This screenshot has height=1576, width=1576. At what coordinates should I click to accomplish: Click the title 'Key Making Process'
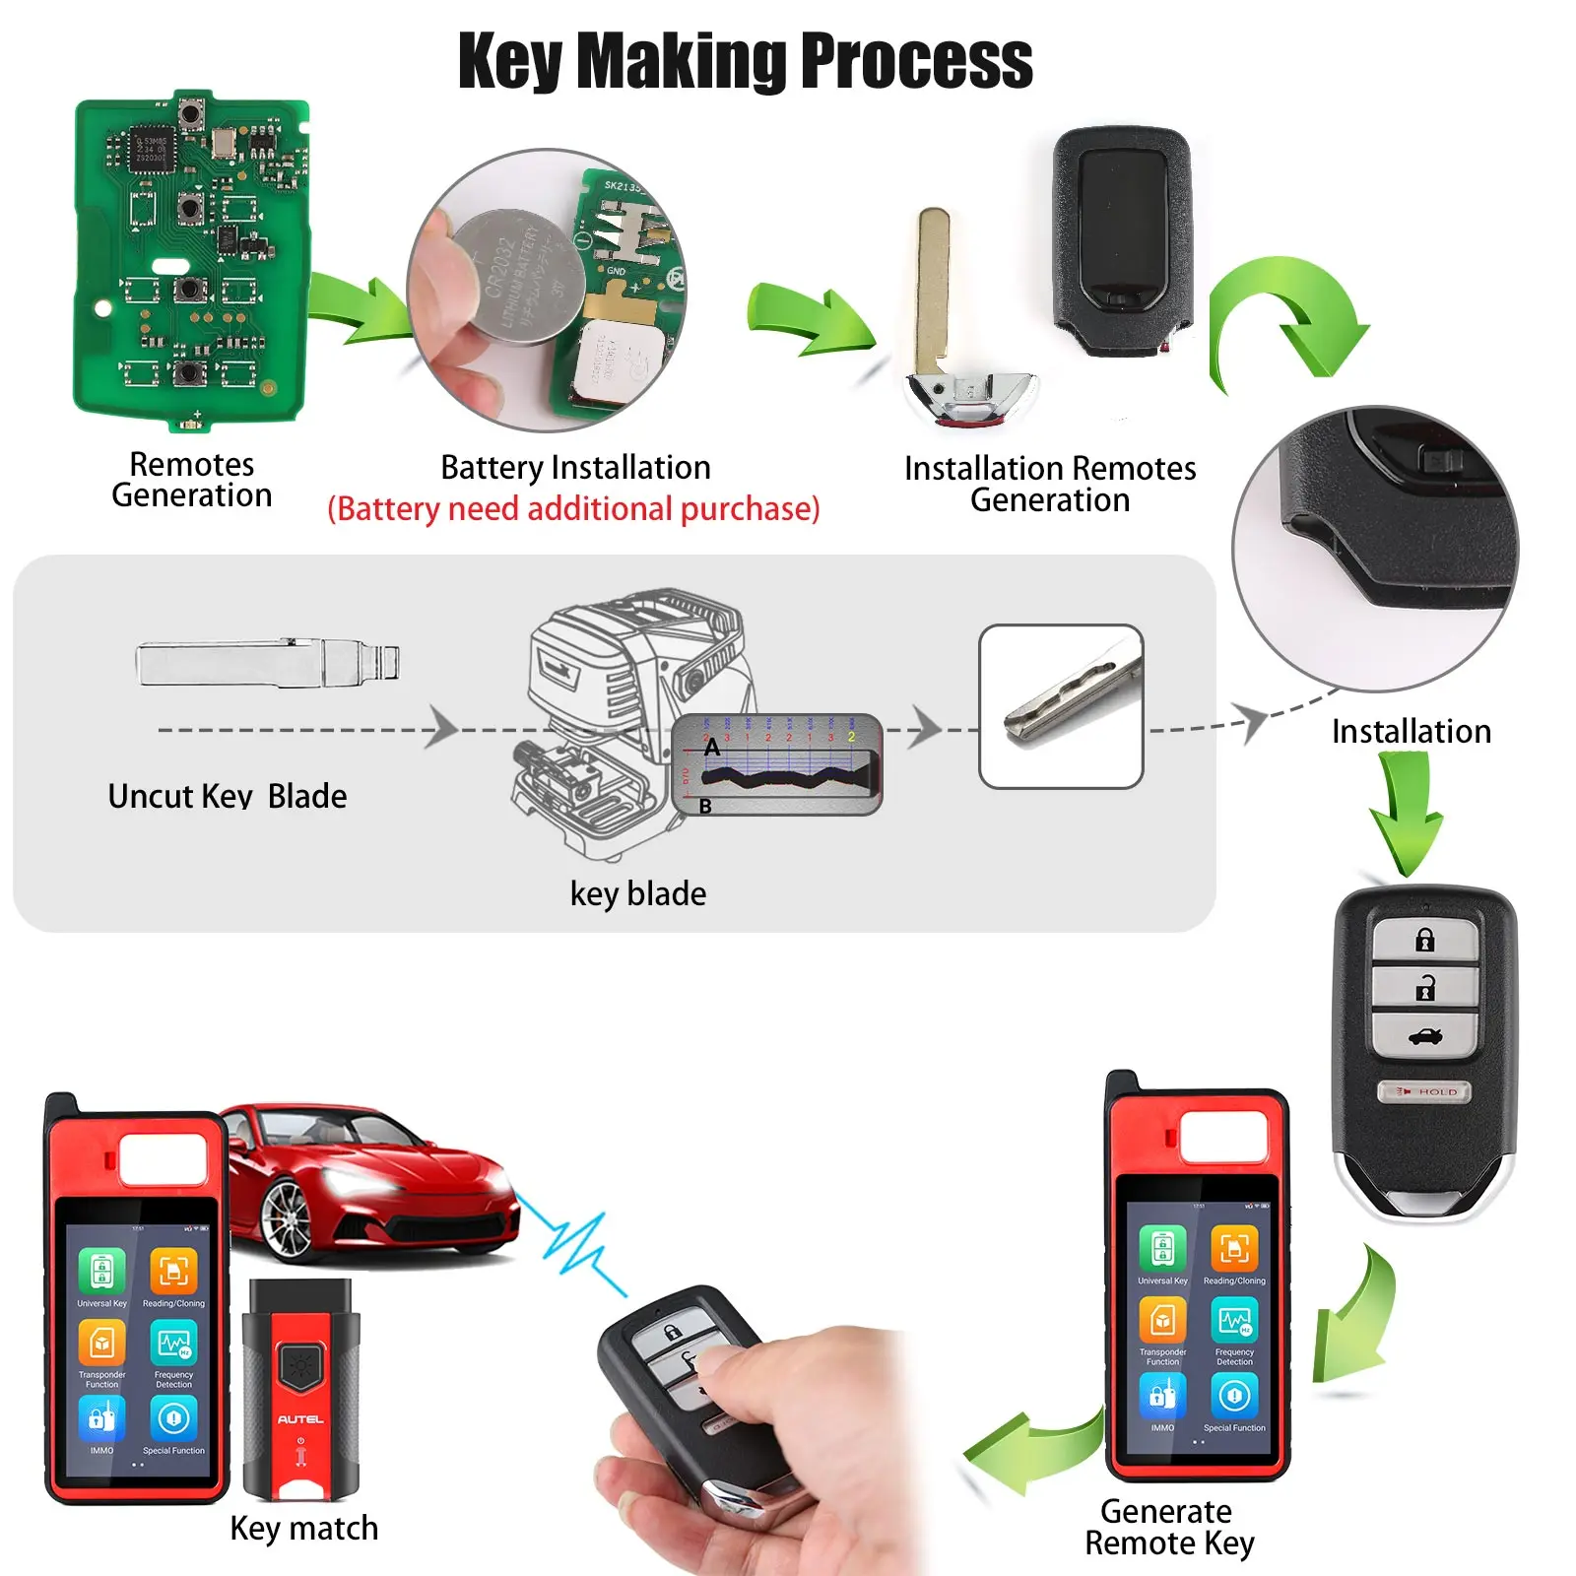745,61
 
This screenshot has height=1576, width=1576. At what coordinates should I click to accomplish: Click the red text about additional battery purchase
573,509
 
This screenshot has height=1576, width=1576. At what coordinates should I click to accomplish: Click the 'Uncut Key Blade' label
228,796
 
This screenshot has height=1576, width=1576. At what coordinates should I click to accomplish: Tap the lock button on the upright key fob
1424,940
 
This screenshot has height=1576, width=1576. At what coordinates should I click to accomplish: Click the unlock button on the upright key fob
1424,987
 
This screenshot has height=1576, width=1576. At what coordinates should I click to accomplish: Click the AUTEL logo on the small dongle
300,1419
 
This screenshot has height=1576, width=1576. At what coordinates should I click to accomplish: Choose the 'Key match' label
303,1529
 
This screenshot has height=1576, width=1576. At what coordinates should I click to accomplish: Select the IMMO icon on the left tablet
101,1419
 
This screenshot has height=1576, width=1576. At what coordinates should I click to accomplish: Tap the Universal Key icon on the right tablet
1162,1248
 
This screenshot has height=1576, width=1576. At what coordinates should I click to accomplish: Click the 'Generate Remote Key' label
1168,1527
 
